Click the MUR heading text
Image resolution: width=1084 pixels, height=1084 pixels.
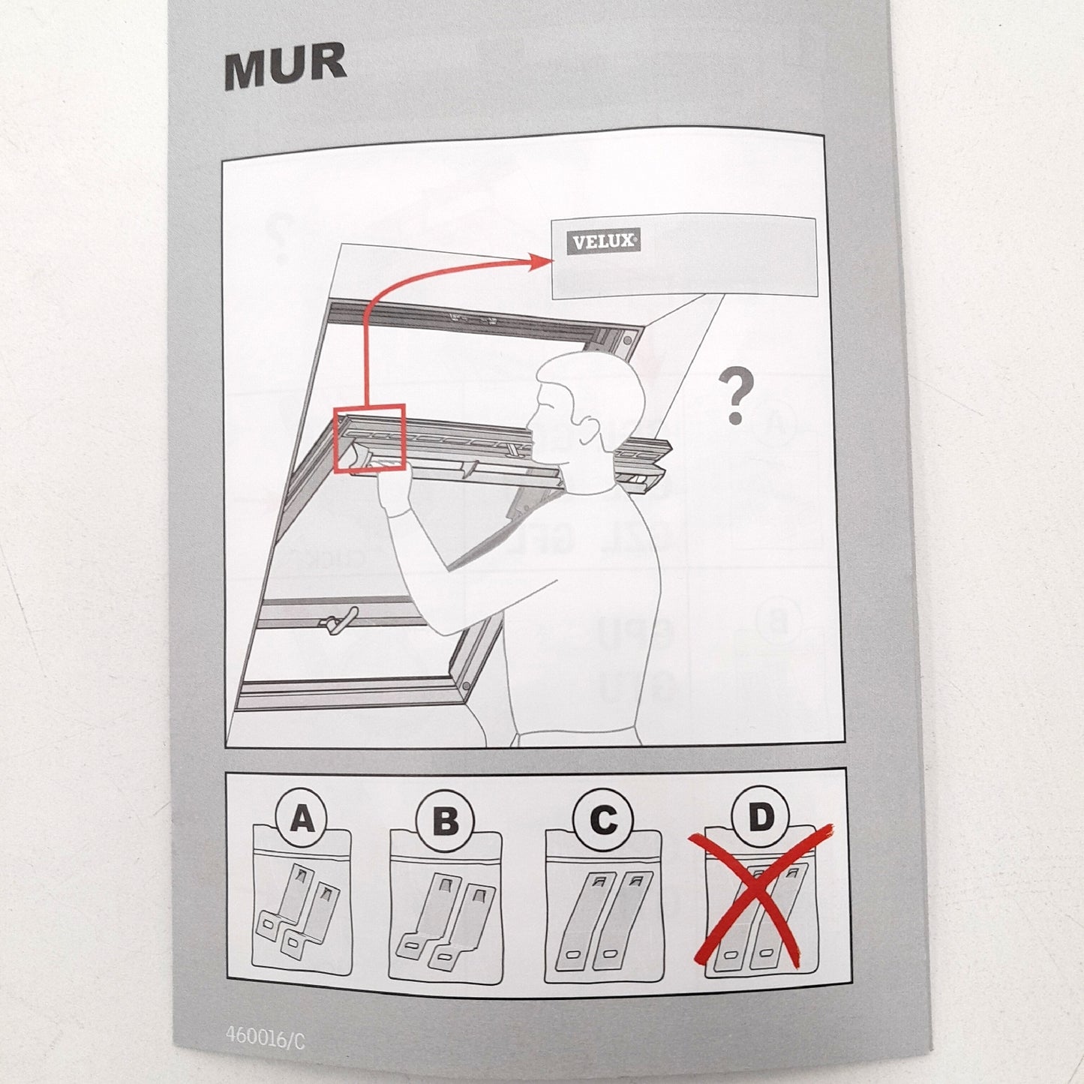pyautogui.click(x=285, y=66)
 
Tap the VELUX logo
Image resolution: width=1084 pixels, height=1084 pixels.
pyautogui.click(x=603, y=242)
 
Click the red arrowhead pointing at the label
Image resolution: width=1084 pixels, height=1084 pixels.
pyautogui.click(x=541, y=261)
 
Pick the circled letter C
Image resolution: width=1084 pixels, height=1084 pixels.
pyautogui.click(x=604, y=820)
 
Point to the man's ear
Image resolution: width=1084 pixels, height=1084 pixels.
pyautogui.click(x=590, y=433)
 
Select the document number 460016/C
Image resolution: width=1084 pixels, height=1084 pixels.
pyautogui.click(x=265, y=1035)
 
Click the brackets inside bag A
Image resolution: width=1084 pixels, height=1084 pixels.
pyautogui.click(x=298, y=910)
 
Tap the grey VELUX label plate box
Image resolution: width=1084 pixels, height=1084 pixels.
pyautogui.click(x=683, y=257)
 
